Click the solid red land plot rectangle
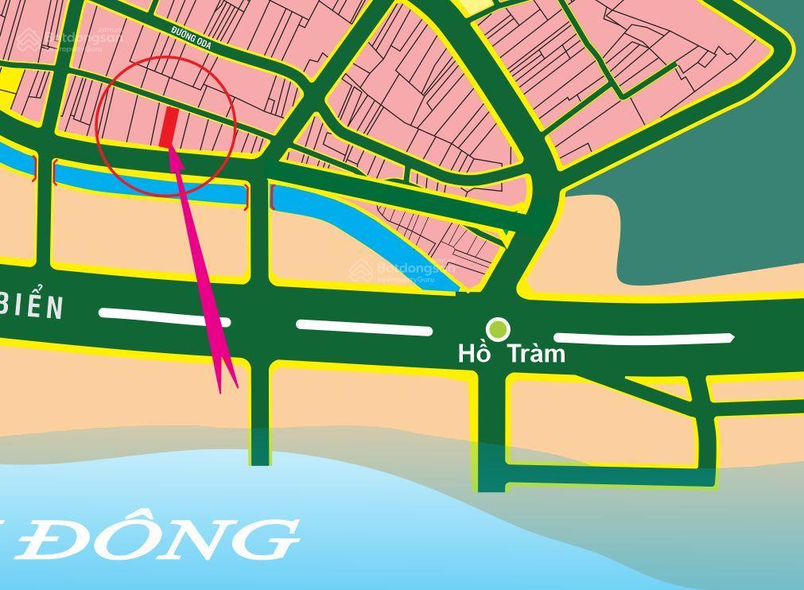point(169,127)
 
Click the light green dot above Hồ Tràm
point(498,328)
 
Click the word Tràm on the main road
point(536,352)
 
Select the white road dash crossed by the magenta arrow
point(165,318)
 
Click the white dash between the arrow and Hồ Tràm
point(364,327)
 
